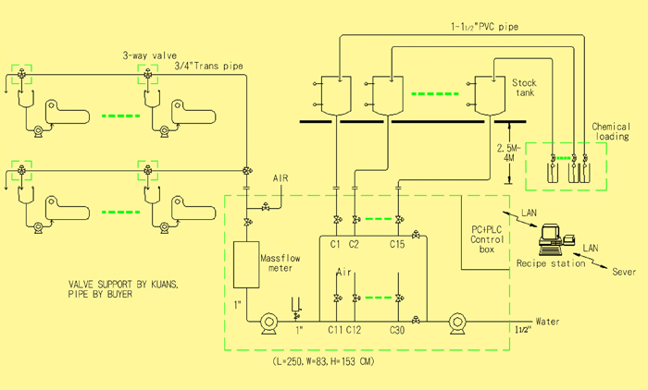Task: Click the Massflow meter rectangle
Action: tap(246, 264)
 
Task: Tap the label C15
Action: tap(397, 244)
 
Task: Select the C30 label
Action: tap(397, 330)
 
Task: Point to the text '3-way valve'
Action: tap(150, 55)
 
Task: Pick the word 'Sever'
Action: tap(624, 272)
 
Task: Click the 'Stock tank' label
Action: tap(525, 88)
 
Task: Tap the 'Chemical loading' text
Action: tap(611, 131)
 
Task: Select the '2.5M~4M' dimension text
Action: tap(509, 152)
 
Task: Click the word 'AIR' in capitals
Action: tap(280, 178)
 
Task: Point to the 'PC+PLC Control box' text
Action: tap(487, 239)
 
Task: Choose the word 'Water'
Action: tap(548, 321)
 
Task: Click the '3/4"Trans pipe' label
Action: tap(208, 66)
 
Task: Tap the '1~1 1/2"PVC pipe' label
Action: tap(484, 27)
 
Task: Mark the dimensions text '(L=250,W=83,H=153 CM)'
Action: tap(324, 361)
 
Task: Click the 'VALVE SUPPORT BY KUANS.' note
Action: tap(123, 285)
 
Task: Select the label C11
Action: tap(335, 330)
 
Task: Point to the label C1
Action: tap(335, 244)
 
